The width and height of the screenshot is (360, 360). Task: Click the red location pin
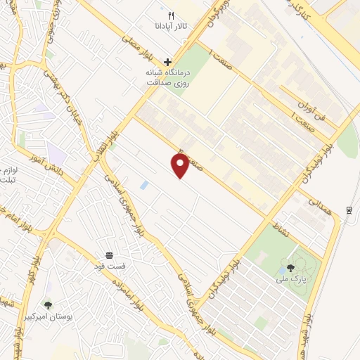click(181, 166)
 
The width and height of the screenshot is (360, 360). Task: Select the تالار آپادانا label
click(171, 26)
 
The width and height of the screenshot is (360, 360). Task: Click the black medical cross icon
click(167, 62)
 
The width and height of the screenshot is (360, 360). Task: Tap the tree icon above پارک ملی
click(290, 267)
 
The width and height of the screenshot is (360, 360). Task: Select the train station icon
click(349, 210)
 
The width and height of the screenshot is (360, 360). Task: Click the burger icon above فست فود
click(109, 255)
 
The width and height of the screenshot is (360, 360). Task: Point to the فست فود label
click(109, 266)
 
